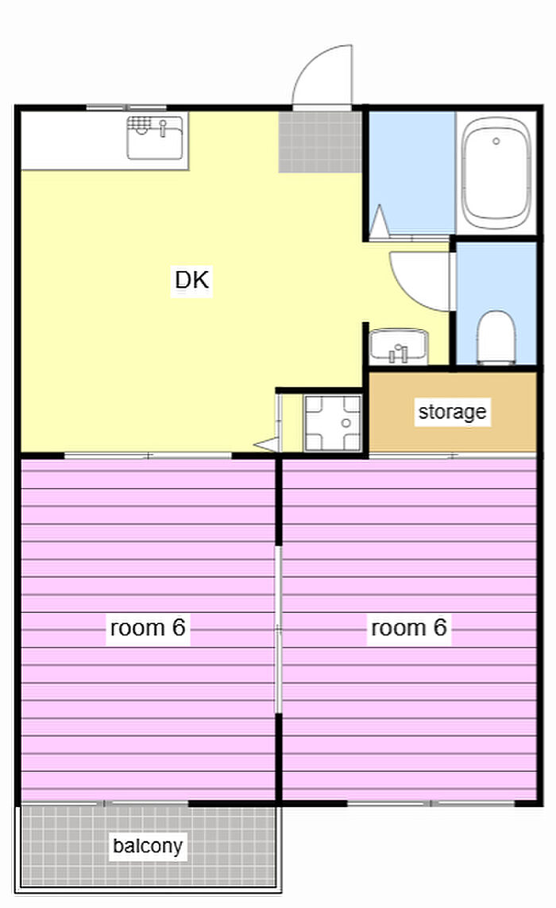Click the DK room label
[191, 280]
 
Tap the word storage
[452, 412]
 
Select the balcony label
[148, 845]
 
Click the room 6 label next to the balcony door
[148, 627]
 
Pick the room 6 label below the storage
[408, 627]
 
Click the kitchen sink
[155, 138]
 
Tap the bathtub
[496, 173]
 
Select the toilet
[496, 338]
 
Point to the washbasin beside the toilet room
[399, 347]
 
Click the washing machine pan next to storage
[333, 423]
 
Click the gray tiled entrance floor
[320, 142]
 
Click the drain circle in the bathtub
[496, 142]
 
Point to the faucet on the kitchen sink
[163, 127]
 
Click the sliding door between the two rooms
[278, 630]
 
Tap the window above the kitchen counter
[126, 107]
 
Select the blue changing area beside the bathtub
[412, 173]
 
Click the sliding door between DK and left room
[148, 456]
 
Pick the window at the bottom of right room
[431, 803]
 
